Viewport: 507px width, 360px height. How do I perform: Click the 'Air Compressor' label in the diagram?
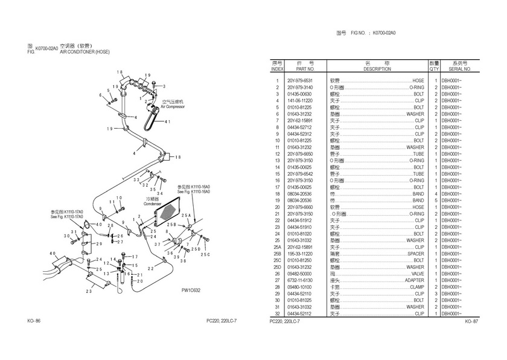tap(173, 106)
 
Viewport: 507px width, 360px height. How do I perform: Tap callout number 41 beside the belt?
tap(167, 122)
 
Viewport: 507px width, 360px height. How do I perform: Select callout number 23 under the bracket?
tap(88, 292)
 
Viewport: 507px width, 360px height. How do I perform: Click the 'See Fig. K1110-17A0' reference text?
tap(67, 217)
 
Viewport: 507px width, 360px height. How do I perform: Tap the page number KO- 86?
tap(34, 320)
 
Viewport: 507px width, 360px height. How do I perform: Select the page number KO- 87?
tap(471, 321)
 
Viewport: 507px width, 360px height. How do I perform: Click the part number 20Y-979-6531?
tap(300, 81)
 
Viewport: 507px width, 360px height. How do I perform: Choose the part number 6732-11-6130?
tap(300, 280)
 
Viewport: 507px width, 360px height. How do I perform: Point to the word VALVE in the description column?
tap(417, 274)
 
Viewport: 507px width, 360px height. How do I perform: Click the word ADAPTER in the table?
tap(414, 280)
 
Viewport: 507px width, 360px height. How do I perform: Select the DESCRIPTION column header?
tap(377, 69)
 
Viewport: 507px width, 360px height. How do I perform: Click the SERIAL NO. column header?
tap(459, 69)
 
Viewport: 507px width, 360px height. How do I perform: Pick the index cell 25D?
tap(278, 267)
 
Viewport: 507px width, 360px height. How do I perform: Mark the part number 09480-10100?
tap(300, 287)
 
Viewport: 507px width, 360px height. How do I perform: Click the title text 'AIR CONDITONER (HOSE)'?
tap(84, 53)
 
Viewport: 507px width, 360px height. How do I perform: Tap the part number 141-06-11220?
tap(300, 101)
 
